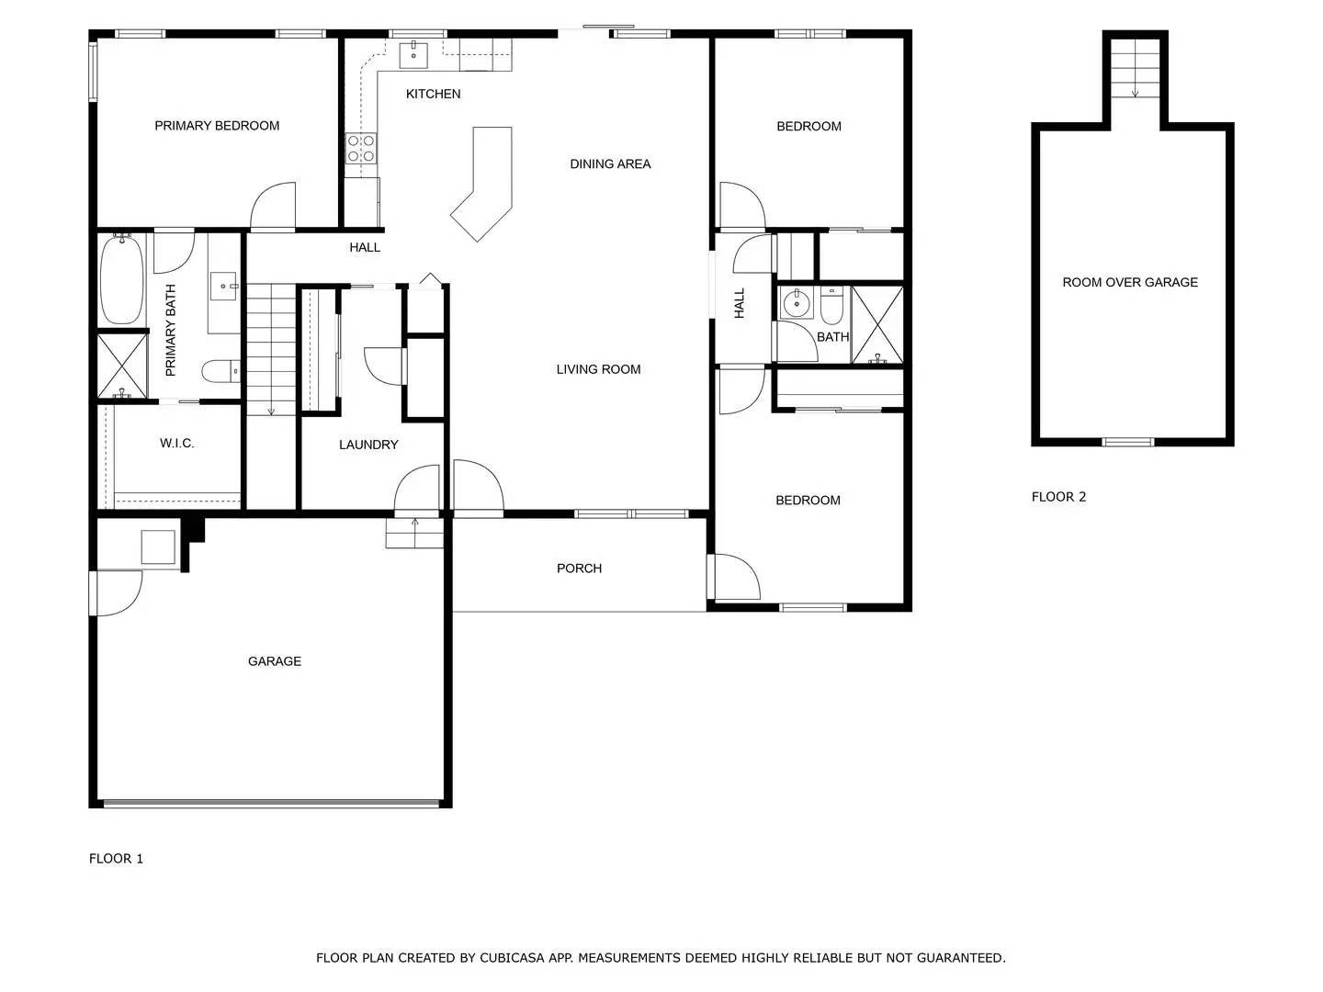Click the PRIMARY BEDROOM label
click(217, 126)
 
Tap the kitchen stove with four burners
click(360, 149)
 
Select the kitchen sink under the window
click(413, 54)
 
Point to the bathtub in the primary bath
click(121, 279)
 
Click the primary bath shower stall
click(122, 366)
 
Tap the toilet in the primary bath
click(220, 372)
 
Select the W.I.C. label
click(176, 444)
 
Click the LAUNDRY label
click(368, 445)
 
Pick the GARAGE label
click(275, 661)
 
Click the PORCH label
click(579, 569)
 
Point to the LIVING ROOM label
click(598, 369)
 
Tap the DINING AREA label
click(610, 164)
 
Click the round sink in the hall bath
click(792, 303)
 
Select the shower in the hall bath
click(877, 325)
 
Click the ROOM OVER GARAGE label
click(1130, 283)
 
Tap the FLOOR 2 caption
click(1058, 497)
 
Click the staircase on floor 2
click(1136, 70)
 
